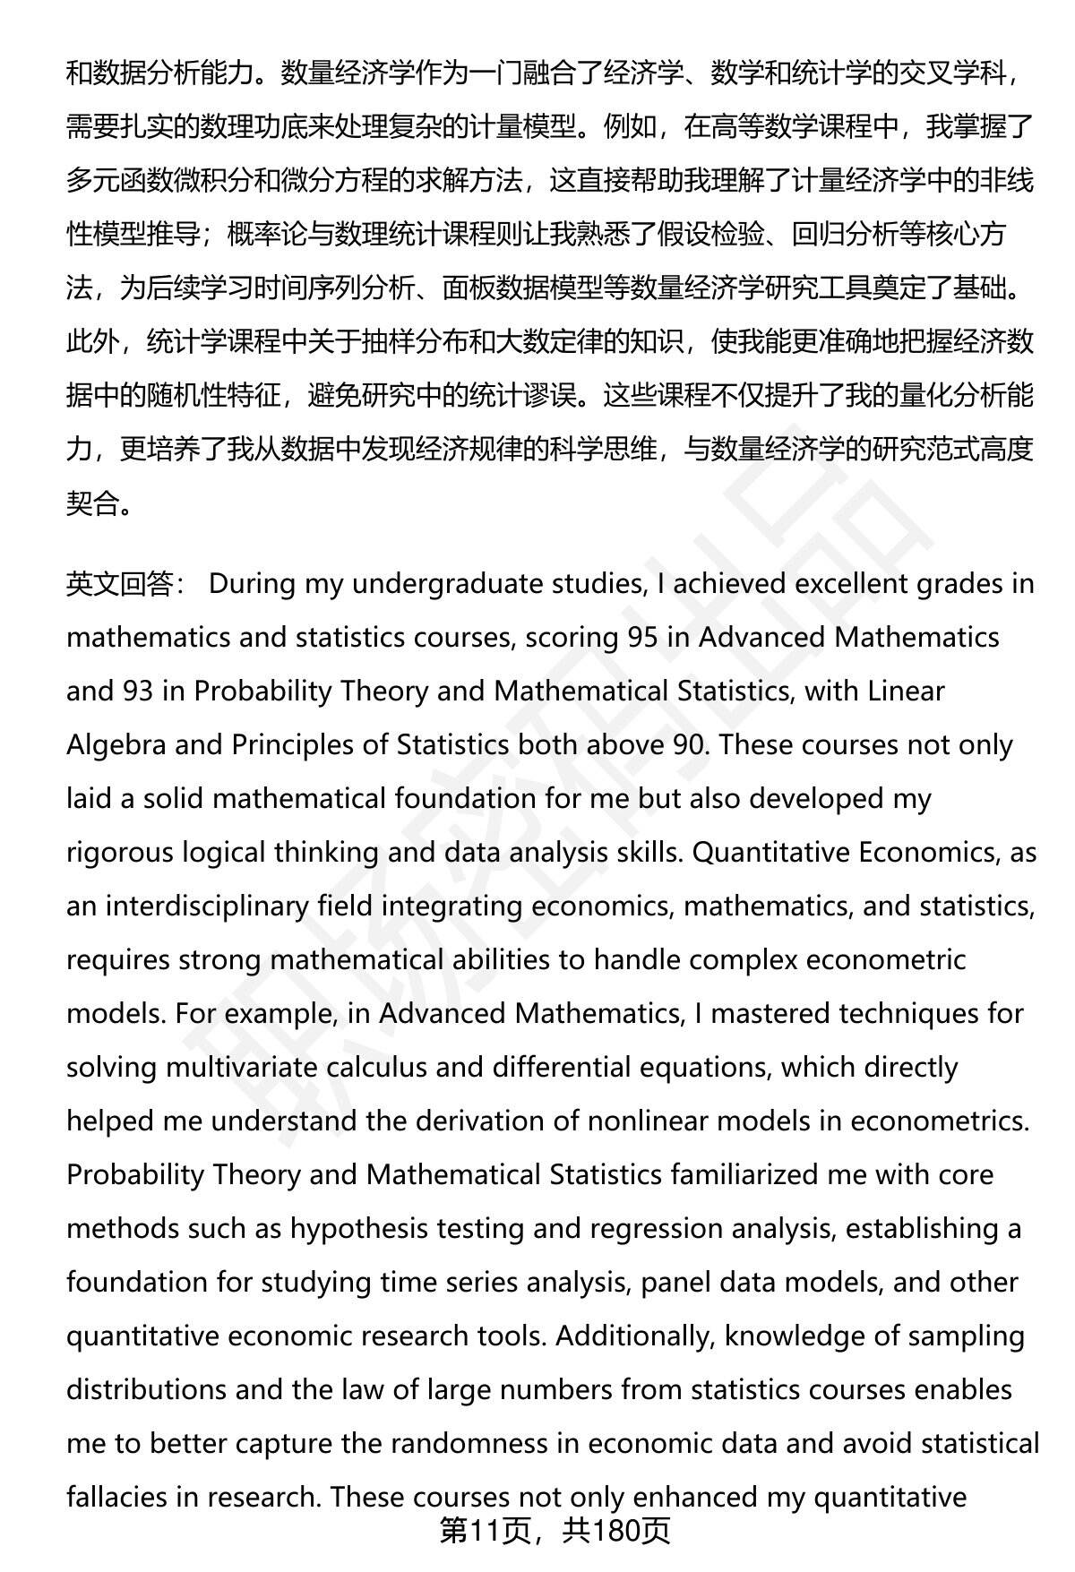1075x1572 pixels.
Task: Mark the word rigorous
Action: click(x=120, y=853)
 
